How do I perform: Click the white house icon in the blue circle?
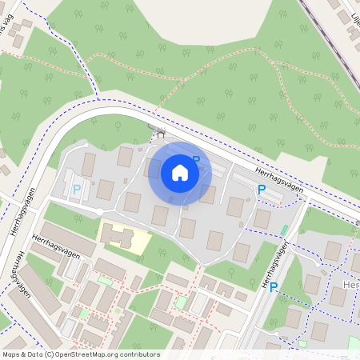(180, 173)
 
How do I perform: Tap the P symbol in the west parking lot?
(77, 190)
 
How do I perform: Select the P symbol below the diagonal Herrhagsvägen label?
(261, 189)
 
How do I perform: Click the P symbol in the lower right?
(274, 287)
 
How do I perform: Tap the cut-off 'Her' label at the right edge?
(351, 286)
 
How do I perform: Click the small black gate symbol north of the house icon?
(158, 130)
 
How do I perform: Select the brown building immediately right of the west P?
(105, 190)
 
